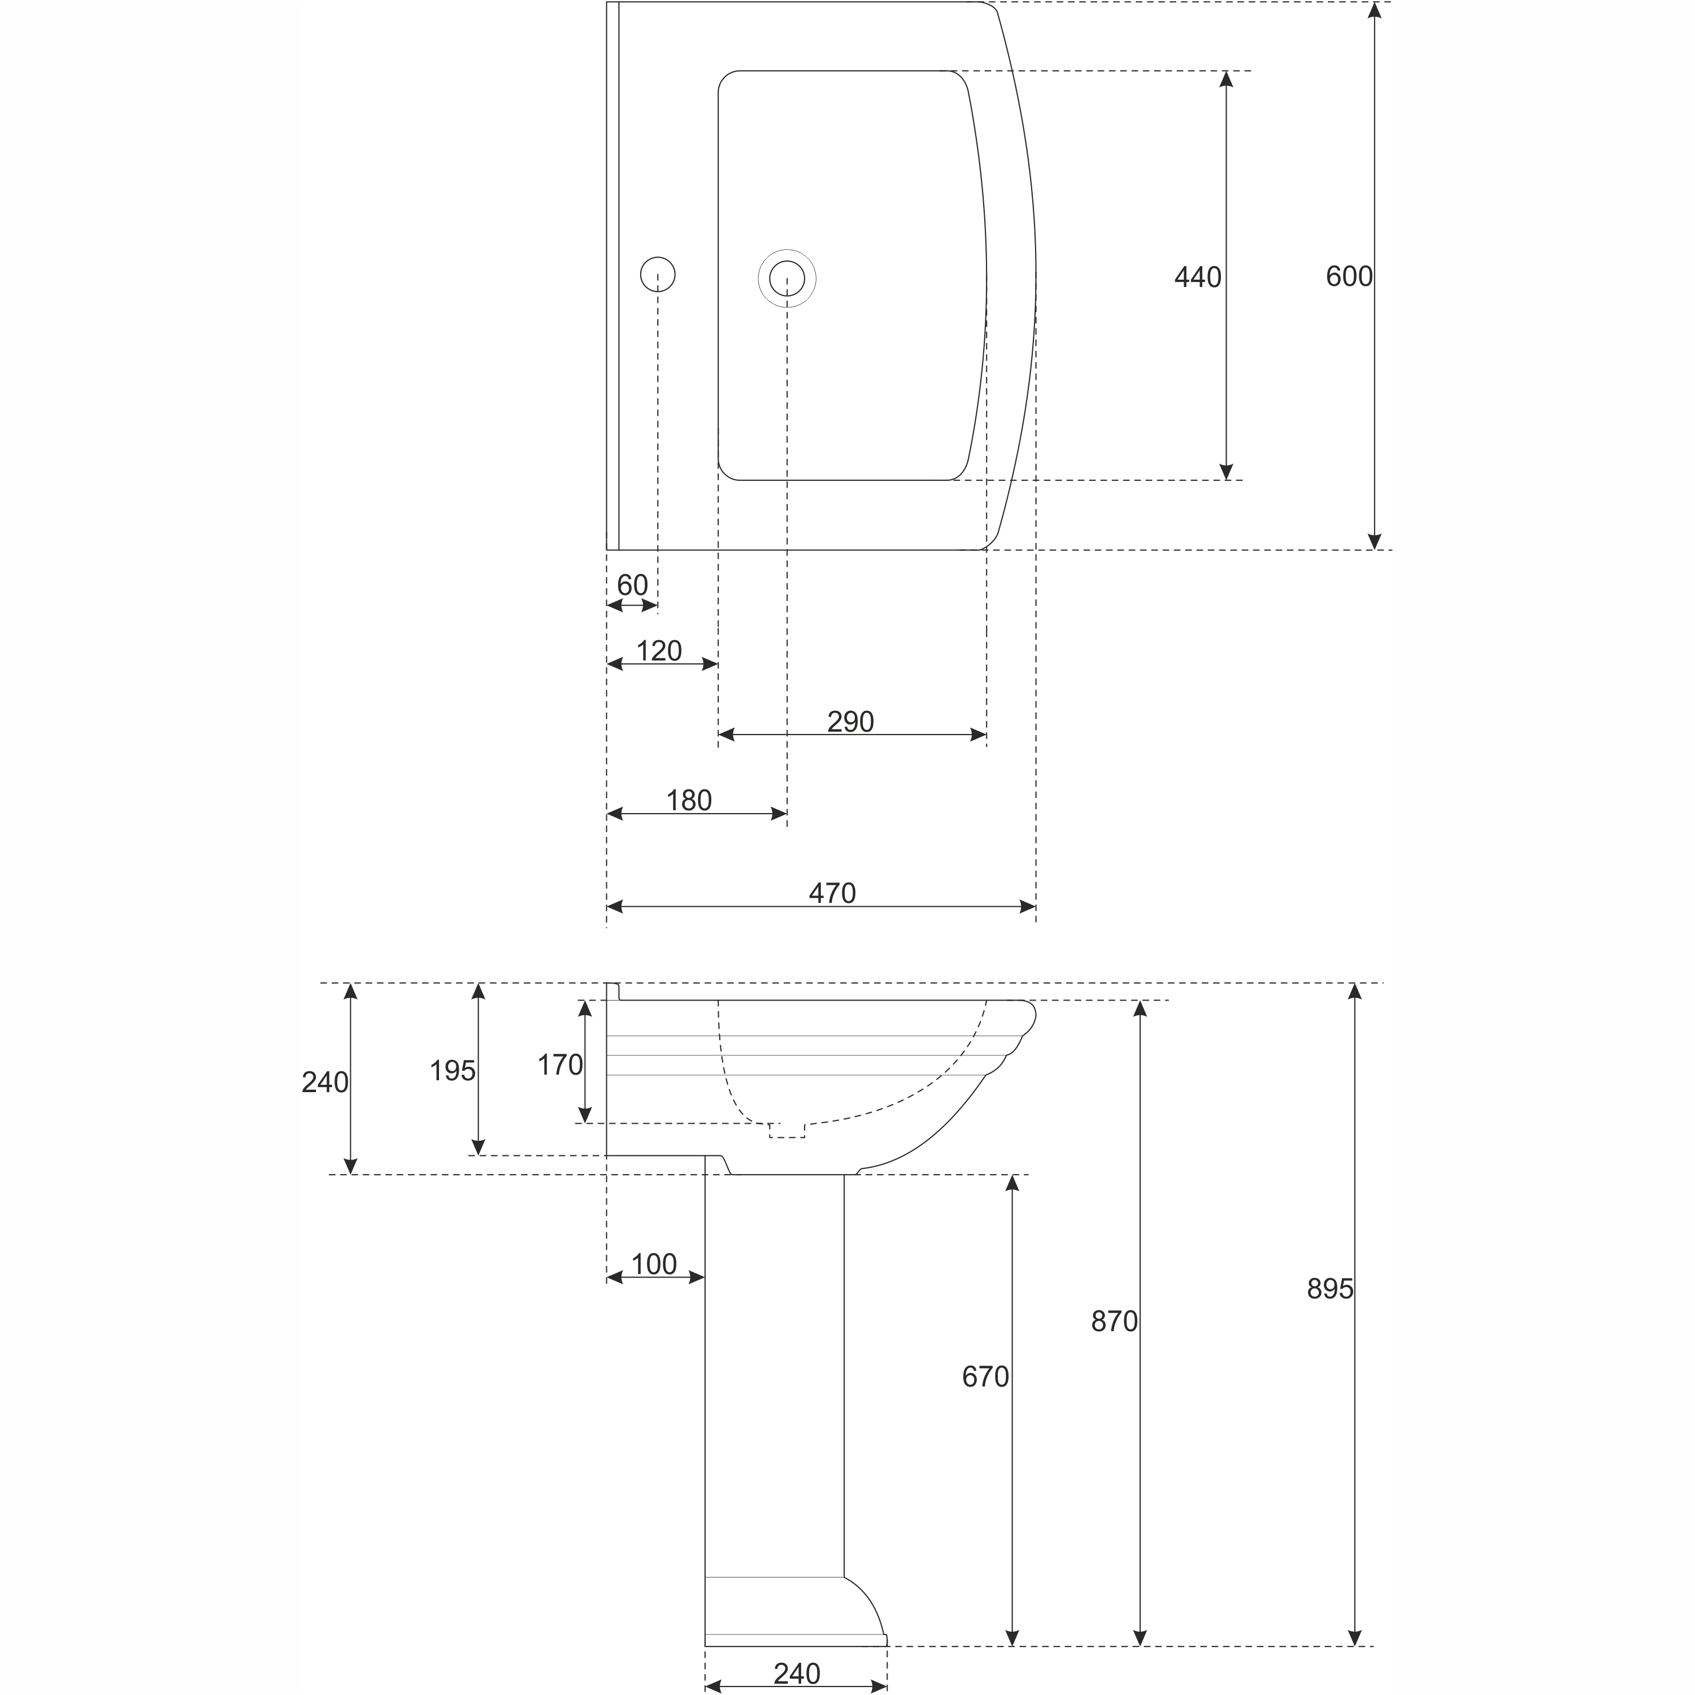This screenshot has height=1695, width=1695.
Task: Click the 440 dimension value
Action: pos(1198,277)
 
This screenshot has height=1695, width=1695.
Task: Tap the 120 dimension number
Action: pos(658,650)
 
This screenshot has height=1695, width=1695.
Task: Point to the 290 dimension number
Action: pos(850,721)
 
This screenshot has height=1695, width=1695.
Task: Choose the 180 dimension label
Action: pos(689,800)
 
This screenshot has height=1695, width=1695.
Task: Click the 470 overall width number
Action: pos(832,893)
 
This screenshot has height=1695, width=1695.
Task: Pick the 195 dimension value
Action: pos(452,1070)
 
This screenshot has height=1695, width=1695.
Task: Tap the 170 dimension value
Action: pos(560,1064)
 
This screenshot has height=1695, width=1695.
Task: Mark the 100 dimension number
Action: pos(654,1264)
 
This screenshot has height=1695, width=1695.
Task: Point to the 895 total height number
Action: pos(1330,1288)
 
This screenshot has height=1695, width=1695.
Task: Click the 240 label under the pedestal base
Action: pos(797,1673)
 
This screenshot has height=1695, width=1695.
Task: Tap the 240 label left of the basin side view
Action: pos(325,1083)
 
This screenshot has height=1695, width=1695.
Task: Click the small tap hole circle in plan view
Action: pos(658,275)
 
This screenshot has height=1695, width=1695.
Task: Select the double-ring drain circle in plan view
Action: pos(787,278)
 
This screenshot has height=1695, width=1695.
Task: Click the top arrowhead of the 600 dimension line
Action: pos(1375,11)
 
